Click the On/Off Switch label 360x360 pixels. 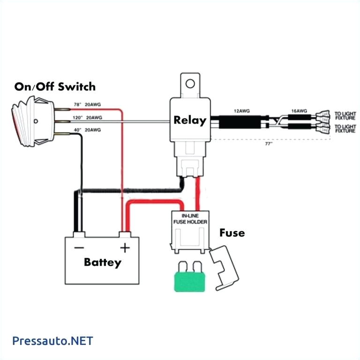coord(55,87)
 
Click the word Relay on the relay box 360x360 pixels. coord(189,120)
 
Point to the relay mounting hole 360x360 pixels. coord(189,84)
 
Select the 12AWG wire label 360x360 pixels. coord(241,111)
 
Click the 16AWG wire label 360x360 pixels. coord(299,111)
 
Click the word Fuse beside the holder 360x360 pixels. coord(232,232)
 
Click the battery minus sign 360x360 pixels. coord(80,247)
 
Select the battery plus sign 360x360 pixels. coord(125,247)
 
